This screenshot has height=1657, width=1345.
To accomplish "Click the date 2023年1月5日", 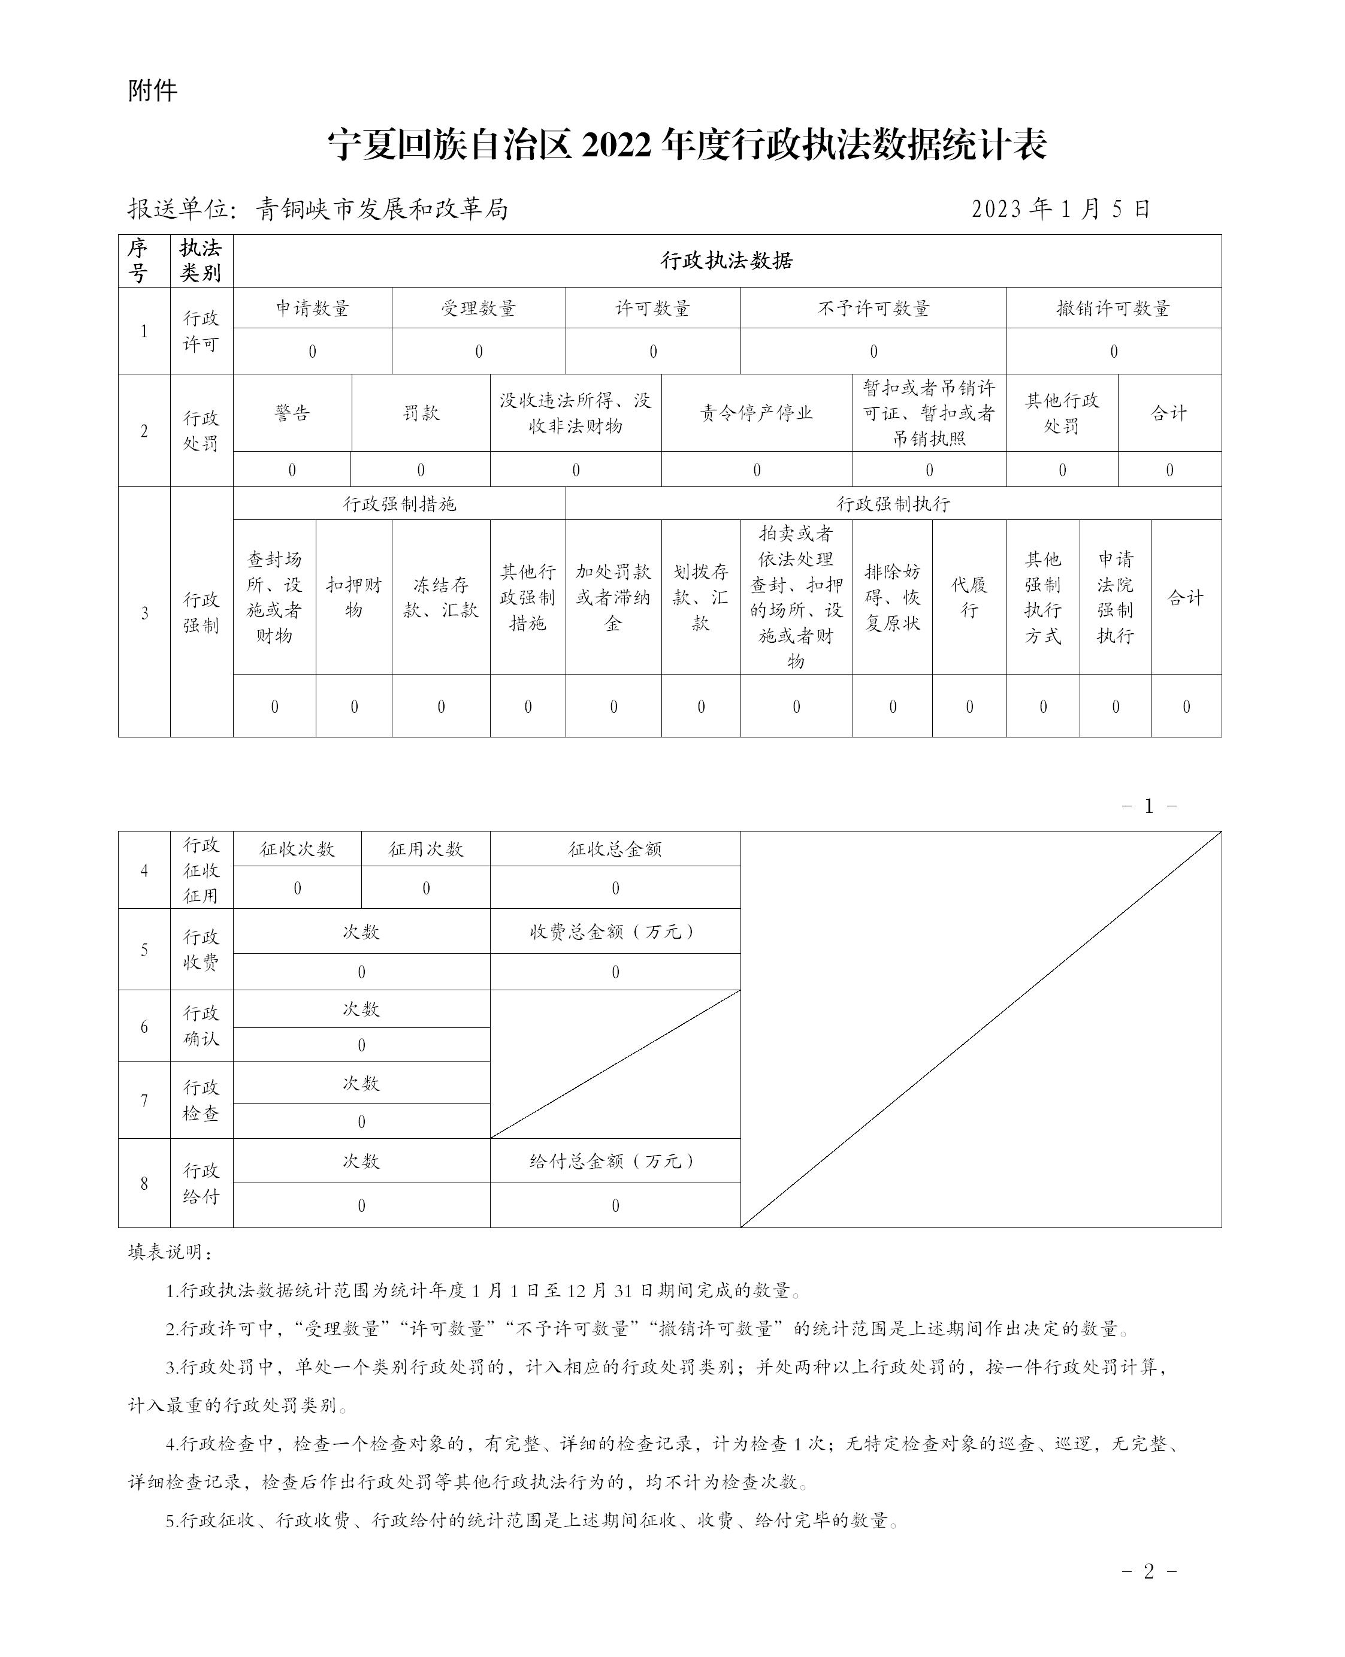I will coord(1060,209).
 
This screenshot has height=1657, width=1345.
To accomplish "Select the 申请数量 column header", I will coord(312,309).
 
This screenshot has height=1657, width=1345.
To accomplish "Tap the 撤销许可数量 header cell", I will coord(1113,309).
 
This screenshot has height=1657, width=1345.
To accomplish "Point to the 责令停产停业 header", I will coord(756,413).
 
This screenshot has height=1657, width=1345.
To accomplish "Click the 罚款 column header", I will coord(421,413).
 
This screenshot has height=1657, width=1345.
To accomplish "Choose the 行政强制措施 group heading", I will coord(399,504).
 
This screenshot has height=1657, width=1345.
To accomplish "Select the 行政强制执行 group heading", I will coord(893,504).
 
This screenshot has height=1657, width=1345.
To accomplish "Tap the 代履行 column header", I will coord(969,597).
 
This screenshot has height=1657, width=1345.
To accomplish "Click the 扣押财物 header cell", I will coord(353,597).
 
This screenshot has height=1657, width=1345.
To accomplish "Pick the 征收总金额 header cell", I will coord(615,849).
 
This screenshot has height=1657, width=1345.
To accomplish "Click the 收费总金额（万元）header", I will coord(615,932).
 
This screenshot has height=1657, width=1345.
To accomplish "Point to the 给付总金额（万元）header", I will coord(615,1161).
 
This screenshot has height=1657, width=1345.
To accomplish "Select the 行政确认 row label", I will coord(201,1026).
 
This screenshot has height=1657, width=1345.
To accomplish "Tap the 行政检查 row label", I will coord(201,1101).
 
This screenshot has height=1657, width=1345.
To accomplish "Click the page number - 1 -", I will coord(1148,806).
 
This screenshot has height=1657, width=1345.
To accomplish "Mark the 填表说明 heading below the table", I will coord(170,1253).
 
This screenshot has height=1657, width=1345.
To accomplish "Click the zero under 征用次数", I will coord(425,888).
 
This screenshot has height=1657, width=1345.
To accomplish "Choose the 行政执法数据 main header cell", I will coord(726,261).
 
